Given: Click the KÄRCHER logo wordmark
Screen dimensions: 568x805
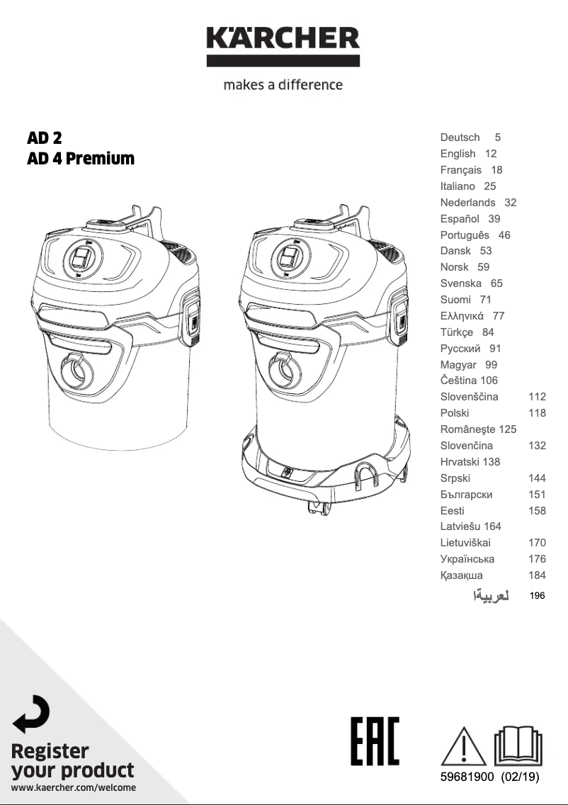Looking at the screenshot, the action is pyautogui.click(x=283, y=38).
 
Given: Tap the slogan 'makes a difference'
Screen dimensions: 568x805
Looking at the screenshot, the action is pyautogui.click(x=283, y=85).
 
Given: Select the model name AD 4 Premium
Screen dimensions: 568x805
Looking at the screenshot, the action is pyautogui.click(x=81, y=158).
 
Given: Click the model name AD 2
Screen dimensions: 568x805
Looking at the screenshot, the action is pyautogui.click(x=44, y=137).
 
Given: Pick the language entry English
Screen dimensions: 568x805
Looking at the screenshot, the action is pyautogui.click(x=458, y=154).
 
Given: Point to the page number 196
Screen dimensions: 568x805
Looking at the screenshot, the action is pyautogui.click(x=538, y=595).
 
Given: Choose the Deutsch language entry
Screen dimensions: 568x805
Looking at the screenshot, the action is pyautogui.click(x=460, y=137).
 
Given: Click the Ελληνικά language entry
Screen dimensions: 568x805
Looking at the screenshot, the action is pyautogui.click(x=462, y=316).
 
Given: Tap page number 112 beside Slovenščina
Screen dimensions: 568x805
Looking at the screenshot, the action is pyautogui.click(x=538, y=396).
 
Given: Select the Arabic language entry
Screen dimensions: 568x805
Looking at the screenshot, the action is pyautogui.click(x=491, y=595).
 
